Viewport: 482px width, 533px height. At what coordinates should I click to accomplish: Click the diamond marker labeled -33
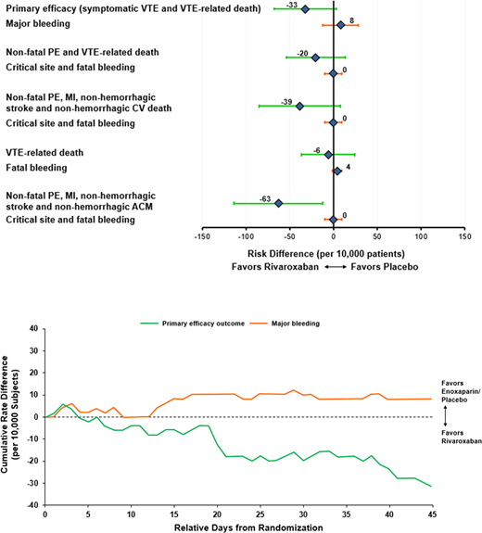point(305,9)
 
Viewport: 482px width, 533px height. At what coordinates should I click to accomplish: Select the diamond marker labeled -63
point(278,203)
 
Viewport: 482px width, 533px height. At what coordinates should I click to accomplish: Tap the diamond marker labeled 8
point(340,25)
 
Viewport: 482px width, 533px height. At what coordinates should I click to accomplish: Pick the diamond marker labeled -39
point(299,107)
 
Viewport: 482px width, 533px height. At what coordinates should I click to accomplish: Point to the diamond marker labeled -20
point(315,57)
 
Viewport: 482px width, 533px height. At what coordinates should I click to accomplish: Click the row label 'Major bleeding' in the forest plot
point(39,25)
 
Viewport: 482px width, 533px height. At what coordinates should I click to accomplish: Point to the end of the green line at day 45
point(431,487)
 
